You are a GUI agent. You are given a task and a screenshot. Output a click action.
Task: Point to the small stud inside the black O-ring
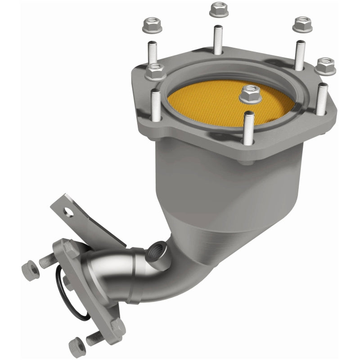pos(66,282)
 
